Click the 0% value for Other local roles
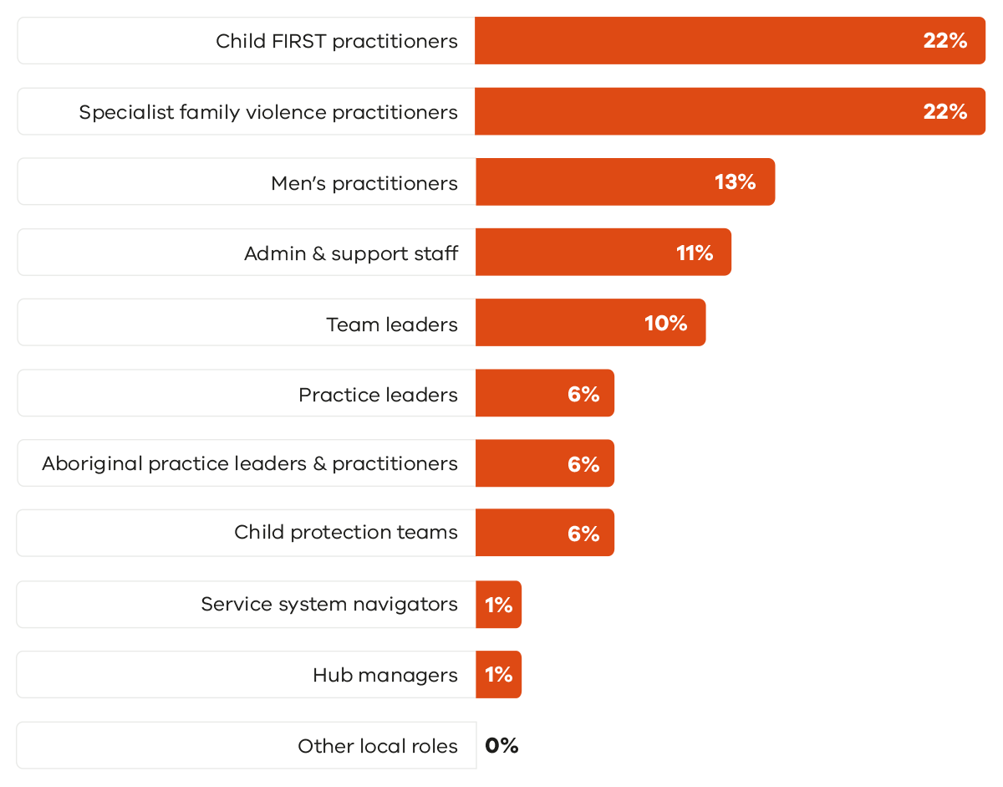pyautogui.click(x=501, y=745)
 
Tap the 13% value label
pyautogui.click(x=736, y=181)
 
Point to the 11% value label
pyautogui.click(x=695, y=253)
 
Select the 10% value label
pyautogui.click(x=666, y=323)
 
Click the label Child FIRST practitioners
pyautogui.click(x=337, y=41)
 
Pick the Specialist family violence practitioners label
pyautogui.click(x=268, y=112)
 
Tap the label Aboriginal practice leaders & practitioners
pyautogui.click(x=250, y=463)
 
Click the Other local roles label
pyautogui.click(x=378, y=746)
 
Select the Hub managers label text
pyautogui.click(x=385, y=675)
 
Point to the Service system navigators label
pyautogui.click(x=329, y=604)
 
